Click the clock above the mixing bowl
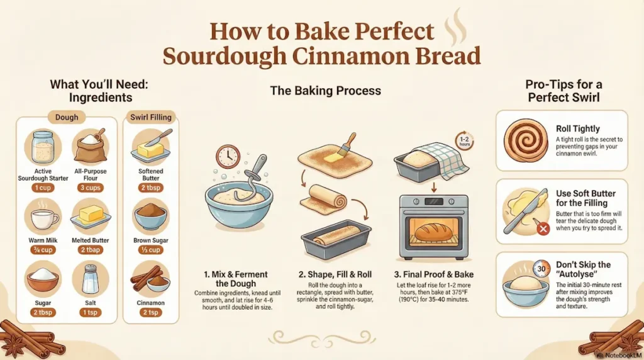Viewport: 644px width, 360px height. click(228, 157)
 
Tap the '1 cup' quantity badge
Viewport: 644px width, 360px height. click(43, 188)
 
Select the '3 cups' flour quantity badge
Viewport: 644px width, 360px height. click(91, 188)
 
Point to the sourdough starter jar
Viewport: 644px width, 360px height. click(43, 149)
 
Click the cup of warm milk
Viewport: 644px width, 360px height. click(43, 218)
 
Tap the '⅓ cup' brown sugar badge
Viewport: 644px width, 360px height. click(150, 251)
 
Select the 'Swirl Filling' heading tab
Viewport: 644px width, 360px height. click(150, 117)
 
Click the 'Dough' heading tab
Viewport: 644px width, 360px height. click(67, 117)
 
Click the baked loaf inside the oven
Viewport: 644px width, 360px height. click(433, 232)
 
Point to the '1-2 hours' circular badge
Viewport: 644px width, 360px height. click(466, 142)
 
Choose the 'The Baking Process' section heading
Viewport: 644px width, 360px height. click(325, 91)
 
